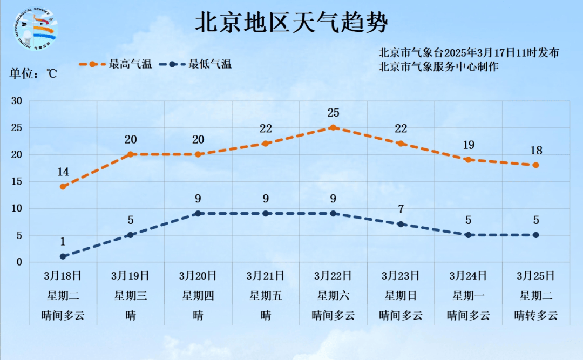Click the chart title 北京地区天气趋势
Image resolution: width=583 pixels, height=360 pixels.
291,23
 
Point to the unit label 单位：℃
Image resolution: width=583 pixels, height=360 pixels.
33,74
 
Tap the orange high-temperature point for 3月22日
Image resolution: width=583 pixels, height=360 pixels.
333,128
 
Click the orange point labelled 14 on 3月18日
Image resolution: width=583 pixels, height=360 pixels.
63,187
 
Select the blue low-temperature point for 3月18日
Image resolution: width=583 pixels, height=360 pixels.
63,256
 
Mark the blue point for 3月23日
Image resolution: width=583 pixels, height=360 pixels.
401,224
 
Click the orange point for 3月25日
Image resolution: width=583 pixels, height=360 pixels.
535,165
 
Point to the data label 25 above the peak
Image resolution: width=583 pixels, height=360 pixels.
333,113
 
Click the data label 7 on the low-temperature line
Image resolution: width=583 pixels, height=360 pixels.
401,209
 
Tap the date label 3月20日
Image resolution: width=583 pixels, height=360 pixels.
198,276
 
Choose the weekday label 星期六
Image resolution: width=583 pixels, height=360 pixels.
333,296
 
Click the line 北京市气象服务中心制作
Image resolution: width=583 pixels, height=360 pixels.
438,66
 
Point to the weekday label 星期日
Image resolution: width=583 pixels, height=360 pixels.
401,296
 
